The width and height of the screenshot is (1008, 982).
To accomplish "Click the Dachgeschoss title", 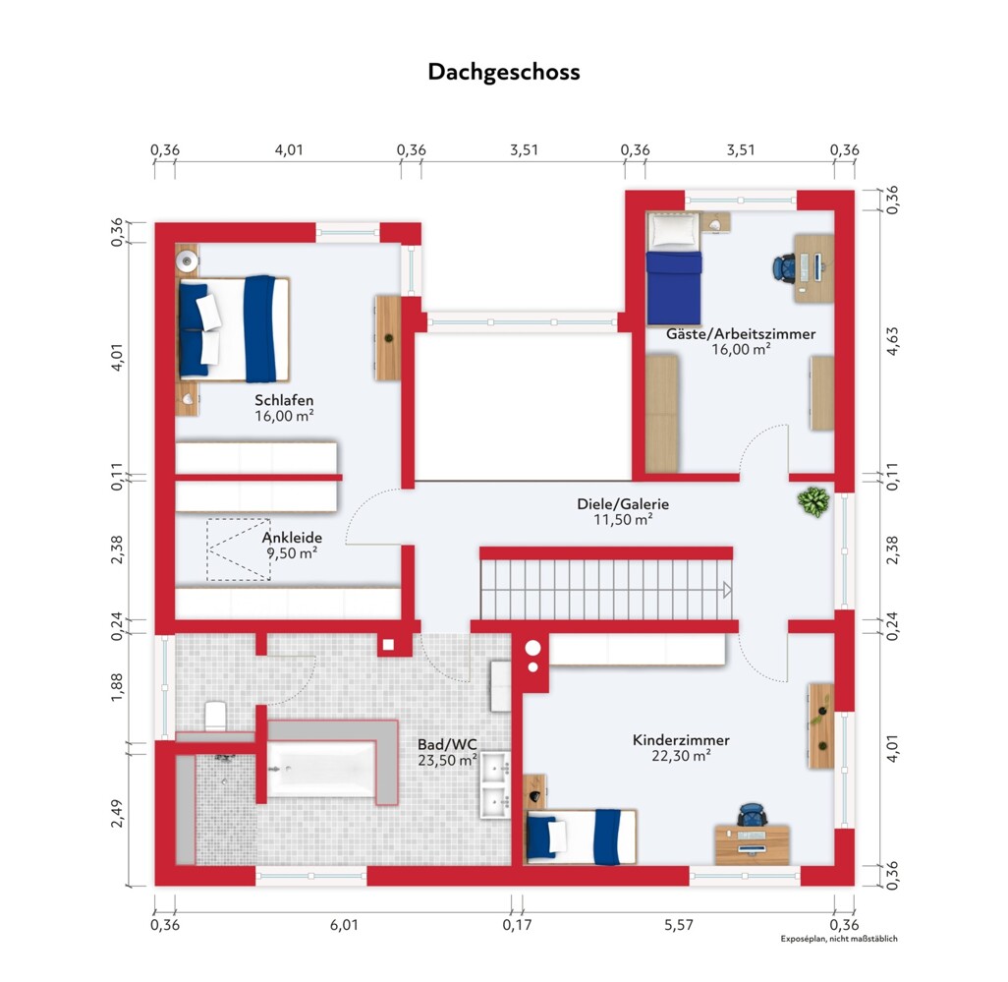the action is pos(504,72).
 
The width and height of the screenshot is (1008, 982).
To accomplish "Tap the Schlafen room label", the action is pos(284,400).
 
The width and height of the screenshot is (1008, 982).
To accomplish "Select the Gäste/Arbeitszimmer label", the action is pos(741,334).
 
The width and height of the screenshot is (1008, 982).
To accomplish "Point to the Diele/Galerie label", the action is pos(623,504).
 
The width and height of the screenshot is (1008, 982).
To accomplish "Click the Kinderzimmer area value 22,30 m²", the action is pos(681,756).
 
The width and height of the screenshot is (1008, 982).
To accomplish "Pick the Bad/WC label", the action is pos(447,745).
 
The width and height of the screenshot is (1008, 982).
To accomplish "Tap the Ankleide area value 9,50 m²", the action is pos(292,553).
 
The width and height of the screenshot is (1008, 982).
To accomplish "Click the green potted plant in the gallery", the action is pos(813,501).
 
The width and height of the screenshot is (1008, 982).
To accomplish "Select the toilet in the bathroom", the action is pos(215,716).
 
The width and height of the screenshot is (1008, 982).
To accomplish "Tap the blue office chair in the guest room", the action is pos(784,267).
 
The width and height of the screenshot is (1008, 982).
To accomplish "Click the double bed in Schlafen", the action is pos(235,329).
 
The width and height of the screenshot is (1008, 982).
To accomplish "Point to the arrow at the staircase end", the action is pos(727,590).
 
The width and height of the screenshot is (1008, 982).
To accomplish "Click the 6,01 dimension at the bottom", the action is pos(344,925).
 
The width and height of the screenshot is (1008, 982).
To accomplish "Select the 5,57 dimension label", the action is pos(679,925).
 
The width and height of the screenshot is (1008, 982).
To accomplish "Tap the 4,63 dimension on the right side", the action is pos(892,341).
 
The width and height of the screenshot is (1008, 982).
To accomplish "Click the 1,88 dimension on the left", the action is pos(116,687).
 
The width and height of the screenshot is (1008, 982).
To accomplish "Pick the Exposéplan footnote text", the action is pos(839,939).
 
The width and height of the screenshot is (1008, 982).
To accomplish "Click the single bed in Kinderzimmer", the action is pos(582,836).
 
